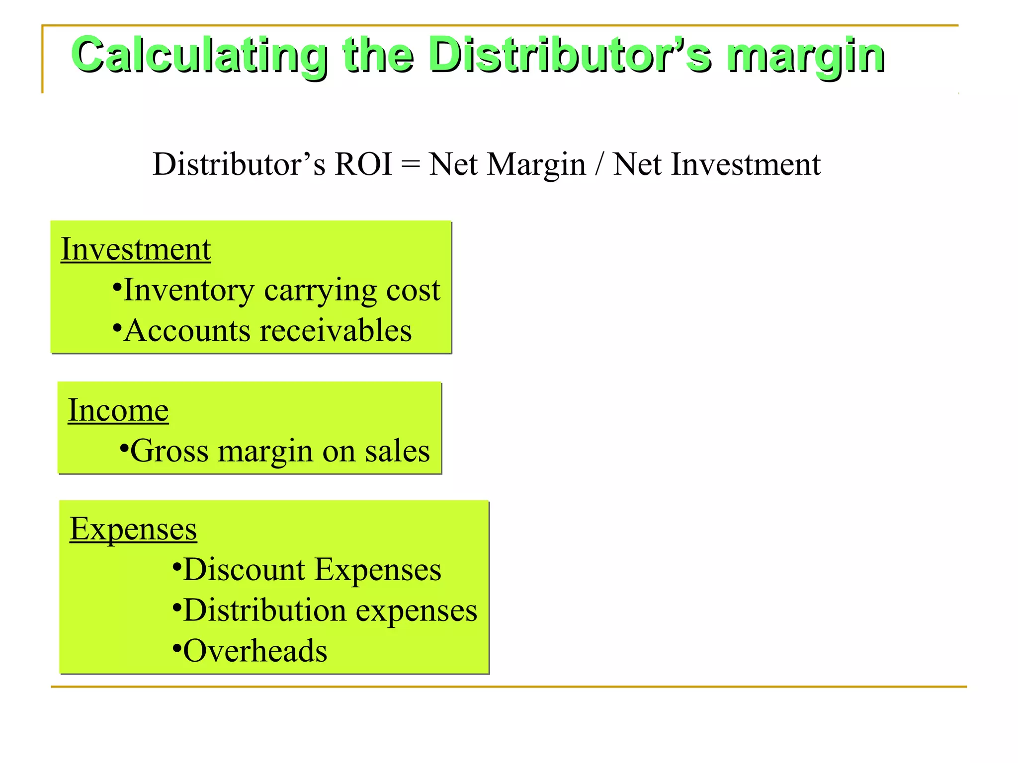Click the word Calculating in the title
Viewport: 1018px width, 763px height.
click(x=199, y=56)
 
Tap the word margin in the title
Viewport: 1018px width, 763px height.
click(x=805, y=56)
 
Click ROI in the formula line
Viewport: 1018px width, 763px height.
click(x=363, y=164)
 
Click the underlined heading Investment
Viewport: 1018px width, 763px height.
click(x=136, y=249)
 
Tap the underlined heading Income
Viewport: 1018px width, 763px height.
click(x=118, y=410)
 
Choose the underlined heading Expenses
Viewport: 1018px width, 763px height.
click(x=133, y=529)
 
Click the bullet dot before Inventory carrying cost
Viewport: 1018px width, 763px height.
click(x=117, y=287)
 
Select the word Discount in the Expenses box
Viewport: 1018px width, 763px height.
click(x=244, y=569)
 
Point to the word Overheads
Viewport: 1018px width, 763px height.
click(x=255, y=651)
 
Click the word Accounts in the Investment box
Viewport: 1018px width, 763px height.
click(x=187, y=331)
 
